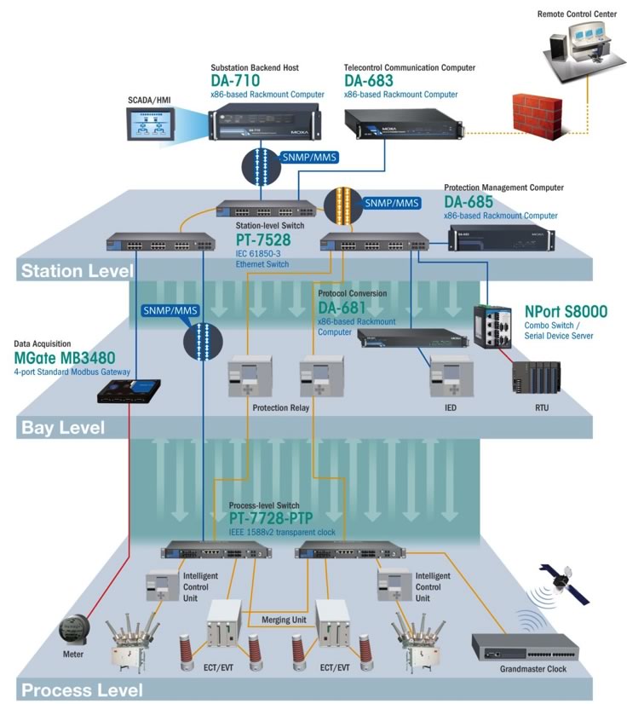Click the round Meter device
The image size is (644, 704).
click(73, 631)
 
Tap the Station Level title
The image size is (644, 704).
click(77, 272)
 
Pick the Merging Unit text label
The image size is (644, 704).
click(284, 620)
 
